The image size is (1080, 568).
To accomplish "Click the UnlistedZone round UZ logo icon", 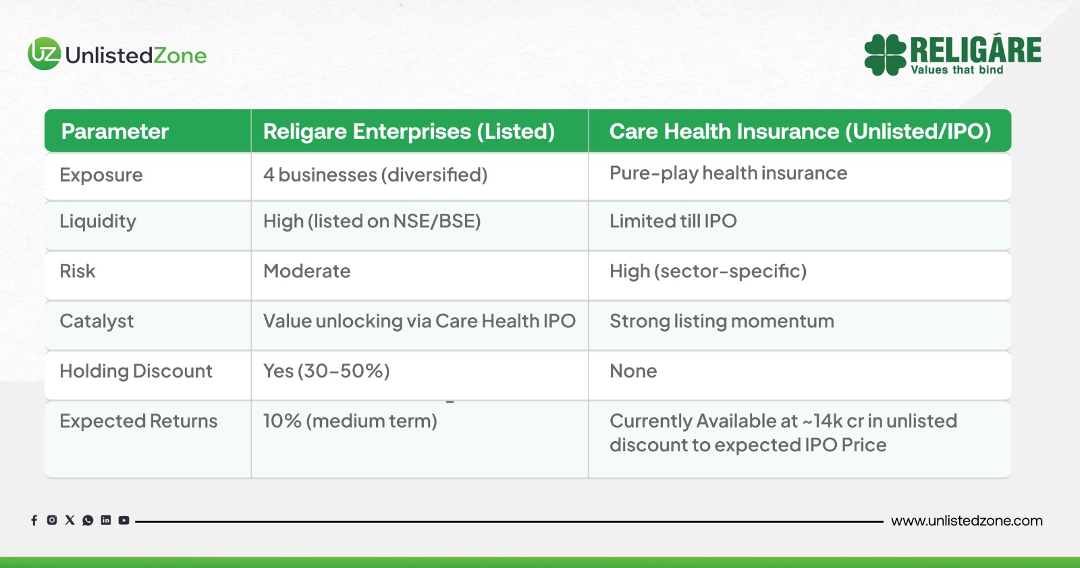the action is (x=45, y=53).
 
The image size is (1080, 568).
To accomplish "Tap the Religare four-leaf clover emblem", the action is (x=885, y=55).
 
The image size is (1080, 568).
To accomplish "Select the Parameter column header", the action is (x=115, y=131).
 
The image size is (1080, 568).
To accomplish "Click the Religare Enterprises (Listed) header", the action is (x=409, y=132).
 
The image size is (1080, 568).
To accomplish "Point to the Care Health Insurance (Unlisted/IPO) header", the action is (x=801, y=132).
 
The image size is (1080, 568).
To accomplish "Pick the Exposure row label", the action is (x=101, y=175).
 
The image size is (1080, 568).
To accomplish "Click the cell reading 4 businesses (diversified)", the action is (x=375, y=175).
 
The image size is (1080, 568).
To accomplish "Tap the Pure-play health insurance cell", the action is (x=728, y=173).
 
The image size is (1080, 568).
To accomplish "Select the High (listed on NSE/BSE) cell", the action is (x=372, y=221).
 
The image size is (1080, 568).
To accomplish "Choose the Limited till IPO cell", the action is (x=673, y=221).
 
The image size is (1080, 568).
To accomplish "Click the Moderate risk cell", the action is (x=306, y=271).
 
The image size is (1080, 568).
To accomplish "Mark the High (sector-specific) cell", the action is (x=708, y=271).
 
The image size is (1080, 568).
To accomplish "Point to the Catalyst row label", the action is (x=97, y=321).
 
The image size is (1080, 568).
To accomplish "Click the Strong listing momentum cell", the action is (x=722, y=321).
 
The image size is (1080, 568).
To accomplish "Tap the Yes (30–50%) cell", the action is (x=327, y=371).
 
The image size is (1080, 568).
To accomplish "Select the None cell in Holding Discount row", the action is (x=633, y=371).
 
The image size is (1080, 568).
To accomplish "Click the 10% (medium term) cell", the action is (x=350, y=421).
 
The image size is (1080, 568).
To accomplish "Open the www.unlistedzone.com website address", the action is (x=967, y=521).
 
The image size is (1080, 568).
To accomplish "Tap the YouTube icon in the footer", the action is (x=124, y=520).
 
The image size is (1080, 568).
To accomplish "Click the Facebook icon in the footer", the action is (x=34, y=520).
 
